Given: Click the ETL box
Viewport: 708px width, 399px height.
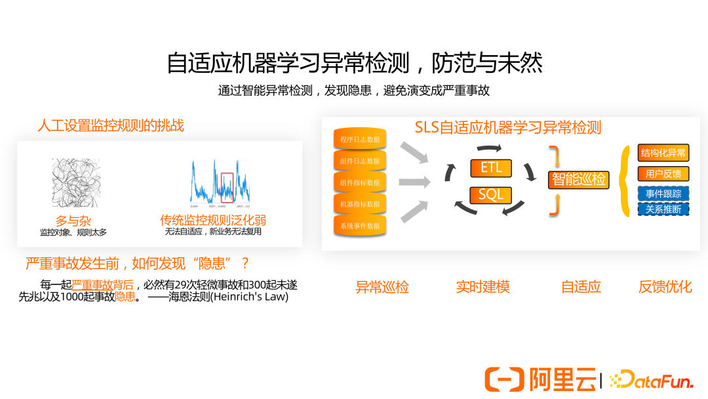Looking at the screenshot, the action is pyautogui.click(x=491, y=168).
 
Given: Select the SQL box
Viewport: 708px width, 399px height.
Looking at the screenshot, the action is pyautogui.click(x=491, y=195).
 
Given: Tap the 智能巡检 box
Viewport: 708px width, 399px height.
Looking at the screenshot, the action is pyautogui.click(x=579, y=179).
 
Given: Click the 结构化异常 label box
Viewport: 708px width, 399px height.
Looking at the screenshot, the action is pyautogui.click(x=663, y=154).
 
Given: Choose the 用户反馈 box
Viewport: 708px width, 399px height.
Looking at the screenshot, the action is pyautogui.click(x=663, y=174).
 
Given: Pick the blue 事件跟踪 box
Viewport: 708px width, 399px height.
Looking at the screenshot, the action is pyautogui.click(x=663, y=194).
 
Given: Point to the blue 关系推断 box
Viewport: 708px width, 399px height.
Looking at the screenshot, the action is pyautogui.click(x=663, y=209).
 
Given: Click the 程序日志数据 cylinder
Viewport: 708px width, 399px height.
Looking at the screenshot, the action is pyautogui.click(x=360, y=139).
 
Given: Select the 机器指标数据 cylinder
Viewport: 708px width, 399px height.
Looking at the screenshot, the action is pyautogui.click(x=360, y=204).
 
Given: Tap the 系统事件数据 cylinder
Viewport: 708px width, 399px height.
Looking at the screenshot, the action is pyautogui.click(x=360, y=226).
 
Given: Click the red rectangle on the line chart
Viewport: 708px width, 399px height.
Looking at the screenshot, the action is pyautogui.click(x=227, y=188).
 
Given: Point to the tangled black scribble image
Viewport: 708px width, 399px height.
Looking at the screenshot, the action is pyautogui.click(x=77, y=183).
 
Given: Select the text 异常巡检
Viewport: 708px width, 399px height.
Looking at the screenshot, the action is pyautogui.click(x=382, y=287).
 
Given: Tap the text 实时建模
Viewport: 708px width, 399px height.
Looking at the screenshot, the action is pyautogui.click(x=482, y=287).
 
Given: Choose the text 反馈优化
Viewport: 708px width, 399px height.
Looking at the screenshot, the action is pyautogui.click(x=665, y=287).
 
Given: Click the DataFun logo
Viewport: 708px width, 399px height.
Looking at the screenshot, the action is pyautogui.click(x=651, y=379).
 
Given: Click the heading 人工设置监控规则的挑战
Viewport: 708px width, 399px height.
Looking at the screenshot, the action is pyautogui.click(x=111, y=125).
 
